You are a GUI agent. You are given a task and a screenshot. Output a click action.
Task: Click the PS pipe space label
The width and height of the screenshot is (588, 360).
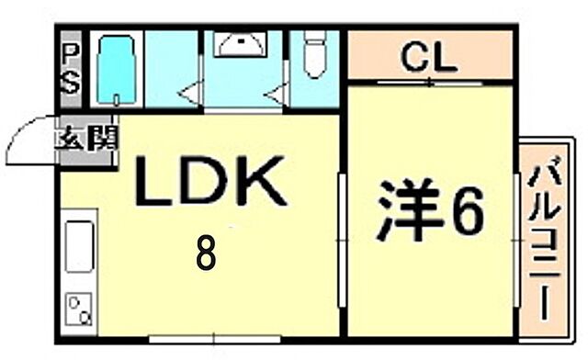point(71,70)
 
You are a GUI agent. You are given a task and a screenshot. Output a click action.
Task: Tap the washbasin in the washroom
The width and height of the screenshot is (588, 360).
point(243,47)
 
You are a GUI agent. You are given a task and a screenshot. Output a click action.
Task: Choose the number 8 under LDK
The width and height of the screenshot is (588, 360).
point(206,252)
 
